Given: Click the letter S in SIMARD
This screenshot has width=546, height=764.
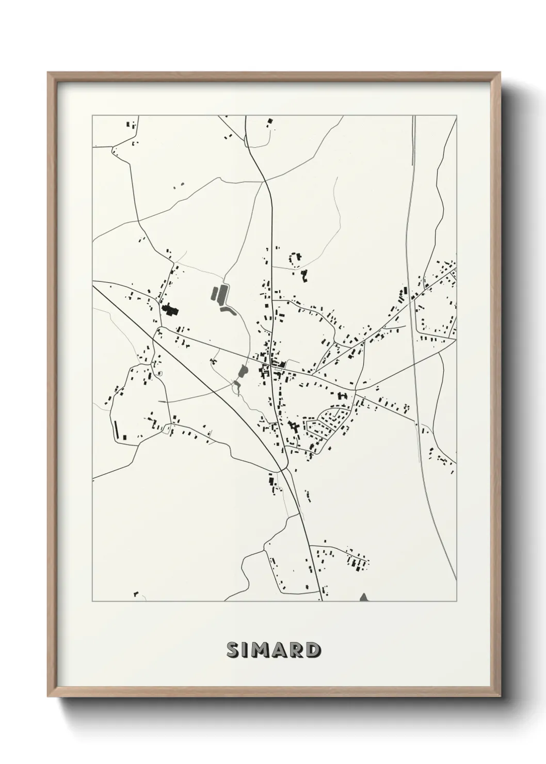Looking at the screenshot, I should tap(233, 650).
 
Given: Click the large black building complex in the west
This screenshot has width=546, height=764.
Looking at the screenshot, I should tap(169, 310).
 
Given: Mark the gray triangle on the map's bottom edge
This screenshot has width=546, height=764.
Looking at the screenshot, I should tap(364, 597).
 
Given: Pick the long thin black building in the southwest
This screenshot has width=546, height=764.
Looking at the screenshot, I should tap(115, 428).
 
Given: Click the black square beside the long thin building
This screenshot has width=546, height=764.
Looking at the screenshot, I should tap(124, 437).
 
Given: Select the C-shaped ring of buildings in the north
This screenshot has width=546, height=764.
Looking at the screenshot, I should tap(295, 259).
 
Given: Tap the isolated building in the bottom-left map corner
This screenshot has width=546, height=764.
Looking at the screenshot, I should tap(135, 594).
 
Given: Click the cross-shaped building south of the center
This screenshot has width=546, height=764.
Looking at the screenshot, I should tap(295, 427).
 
